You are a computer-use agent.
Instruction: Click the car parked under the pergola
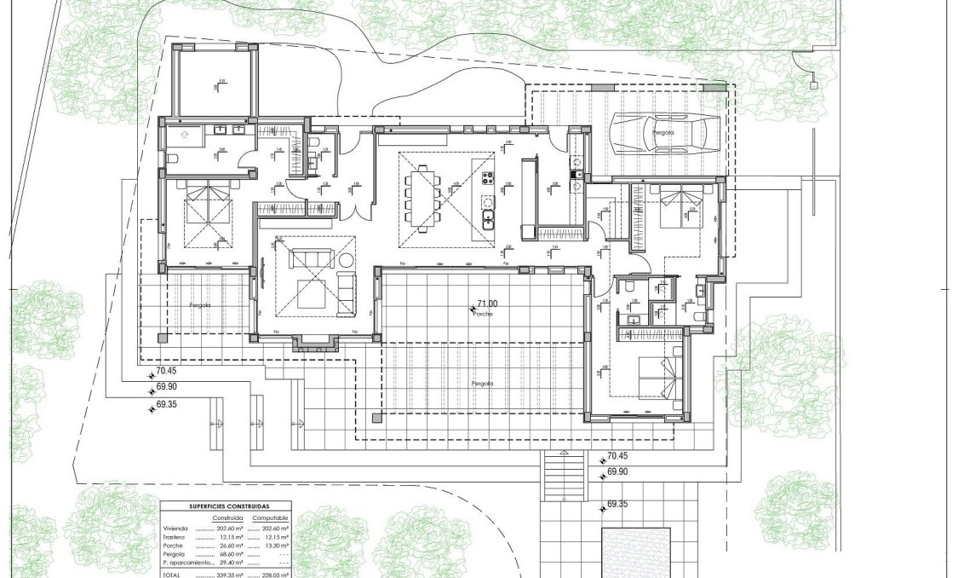[665, 134]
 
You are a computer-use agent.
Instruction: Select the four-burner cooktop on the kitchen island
[490, 178]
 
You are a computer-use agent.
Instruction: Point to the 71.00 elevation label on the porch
[487, 303]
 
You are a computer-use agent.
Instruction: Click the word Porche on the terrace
[485, 314]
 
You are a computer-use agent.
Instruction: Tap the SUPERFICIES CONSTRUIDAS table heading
[226, 506]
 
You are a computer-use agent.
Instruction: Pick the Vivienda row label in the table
[176, 529]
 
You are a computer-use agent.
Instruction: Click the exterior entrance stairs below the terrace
[563, 477]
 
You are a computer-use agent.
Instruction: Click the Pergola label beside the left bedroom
[200, 304]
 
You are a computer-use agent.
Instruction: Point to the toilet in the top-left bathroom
[173, 159]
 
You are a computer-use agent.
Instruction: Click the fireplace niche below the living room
[315, 344]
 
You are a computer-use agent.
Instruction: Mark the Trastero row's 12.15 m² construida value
[230, 537]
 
